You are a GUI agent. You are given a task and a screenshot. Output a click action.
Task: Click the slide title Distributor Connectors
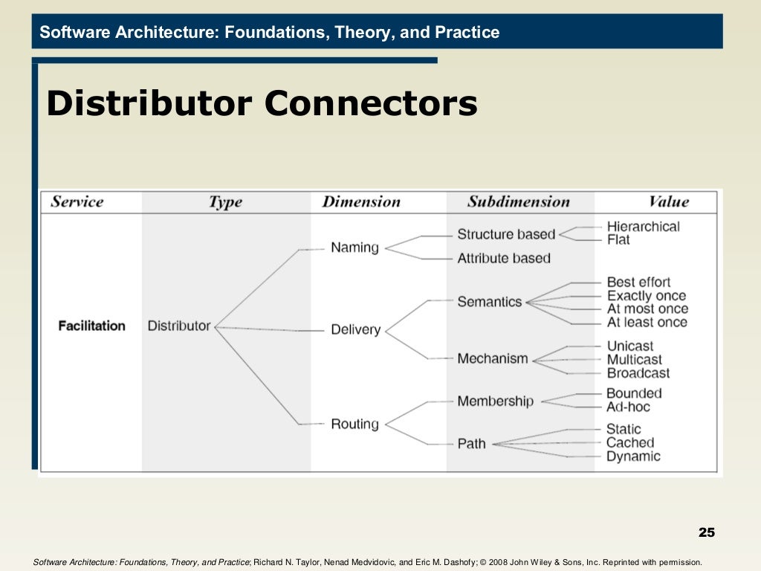262,103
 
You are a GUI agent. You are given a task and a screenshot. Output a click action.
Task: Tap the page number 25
706,532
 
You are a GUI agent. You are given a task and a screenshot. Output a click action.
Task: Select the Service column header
77,201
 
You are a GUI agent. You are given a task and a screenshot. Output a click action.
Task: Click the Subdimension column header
518,201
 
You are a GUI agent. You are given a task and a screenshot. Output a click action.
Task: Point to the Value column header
668,201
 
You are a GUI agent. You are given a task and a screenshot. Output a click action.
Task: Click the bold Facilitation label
91,326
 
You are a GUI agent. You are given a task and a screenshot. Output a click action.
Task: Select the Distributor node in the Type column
179,326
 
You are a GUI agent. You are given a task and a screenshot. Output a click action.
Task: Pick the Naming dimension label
354,248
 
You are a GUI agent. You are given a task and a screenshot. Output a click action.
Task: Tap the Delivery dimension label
355,329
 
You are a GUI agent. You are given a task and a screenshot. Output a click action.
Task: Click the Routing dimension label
354,424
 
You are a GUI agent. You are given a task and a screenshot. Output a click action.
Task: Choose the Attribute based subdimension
504,258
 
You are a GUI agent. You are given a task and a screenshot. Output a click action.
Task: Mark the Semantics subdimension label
490,302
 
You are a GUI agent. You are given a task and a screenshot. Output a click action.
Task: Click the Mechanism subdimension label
493,358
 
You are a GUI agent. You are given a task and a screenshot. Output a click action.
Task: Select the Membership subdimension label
495,401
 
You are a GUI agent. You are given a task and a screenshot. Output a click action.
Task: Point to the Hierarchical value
643,226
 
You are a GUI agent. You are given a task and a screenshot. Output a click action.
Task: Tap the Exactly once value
647,295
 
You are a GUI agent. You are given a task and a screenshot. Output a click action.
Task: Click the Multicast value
634,360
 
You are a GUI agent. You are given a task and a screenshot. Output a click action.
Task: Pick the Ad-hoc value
628,407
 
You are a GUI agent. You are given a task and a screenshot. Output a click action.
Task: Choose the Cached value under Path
629,442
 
